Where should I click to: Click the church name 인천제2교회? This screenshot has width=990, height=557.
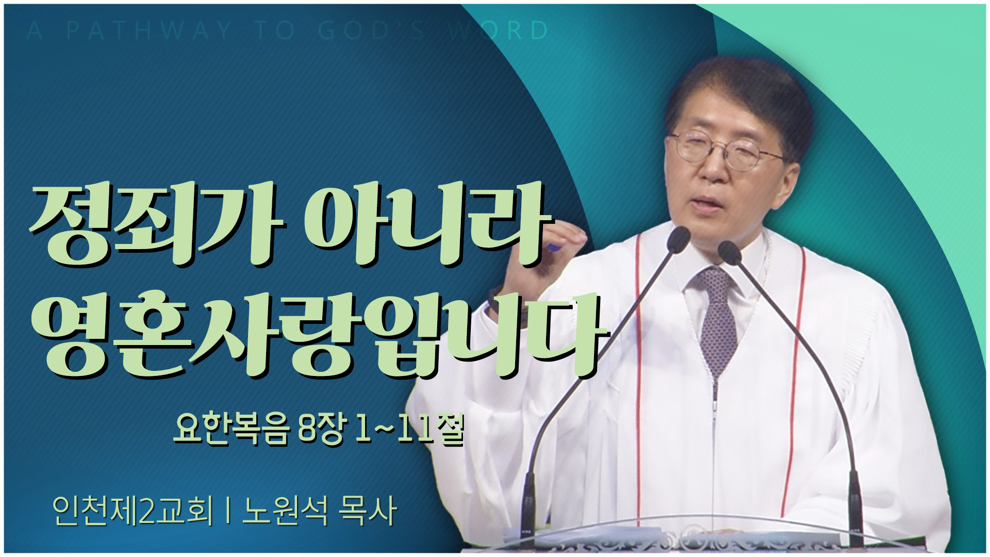point(133,511)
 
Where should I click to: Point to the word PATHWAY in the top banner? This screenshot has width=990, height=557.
point(150,30)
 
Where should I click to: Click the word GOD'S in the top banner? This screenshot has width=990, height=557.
point(371,30)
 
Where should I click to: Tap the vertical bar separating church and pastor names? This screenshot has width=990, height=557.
point(227,511)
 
